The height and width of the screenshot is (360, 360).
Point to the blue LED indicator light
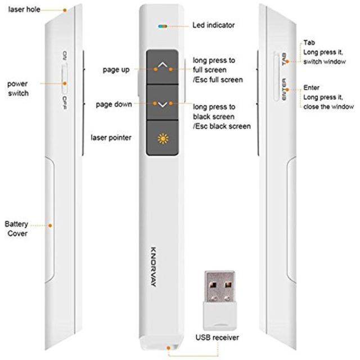coord(163,26)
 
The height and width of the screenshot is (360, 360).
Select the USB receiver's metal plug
coord(219,287)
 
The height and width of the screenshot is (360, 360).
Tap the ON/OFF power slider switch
coord(64,79)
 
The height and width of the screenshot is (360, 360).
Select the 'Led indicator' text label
coord(214,25)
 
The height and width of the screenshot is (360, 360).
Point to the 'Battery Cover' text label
coord(17,228)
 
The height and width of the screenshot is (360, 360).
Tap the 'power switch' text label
coord(18,88)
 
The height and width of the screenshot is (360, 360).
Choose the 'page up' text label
coord(116,70)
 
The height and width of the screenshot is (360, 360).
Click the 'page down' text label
coord(114,104)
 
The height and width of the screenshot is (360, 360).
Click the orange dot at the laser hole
coord(65,10)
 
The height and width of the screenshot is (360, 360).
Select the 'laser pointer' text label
coord(112,137)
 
